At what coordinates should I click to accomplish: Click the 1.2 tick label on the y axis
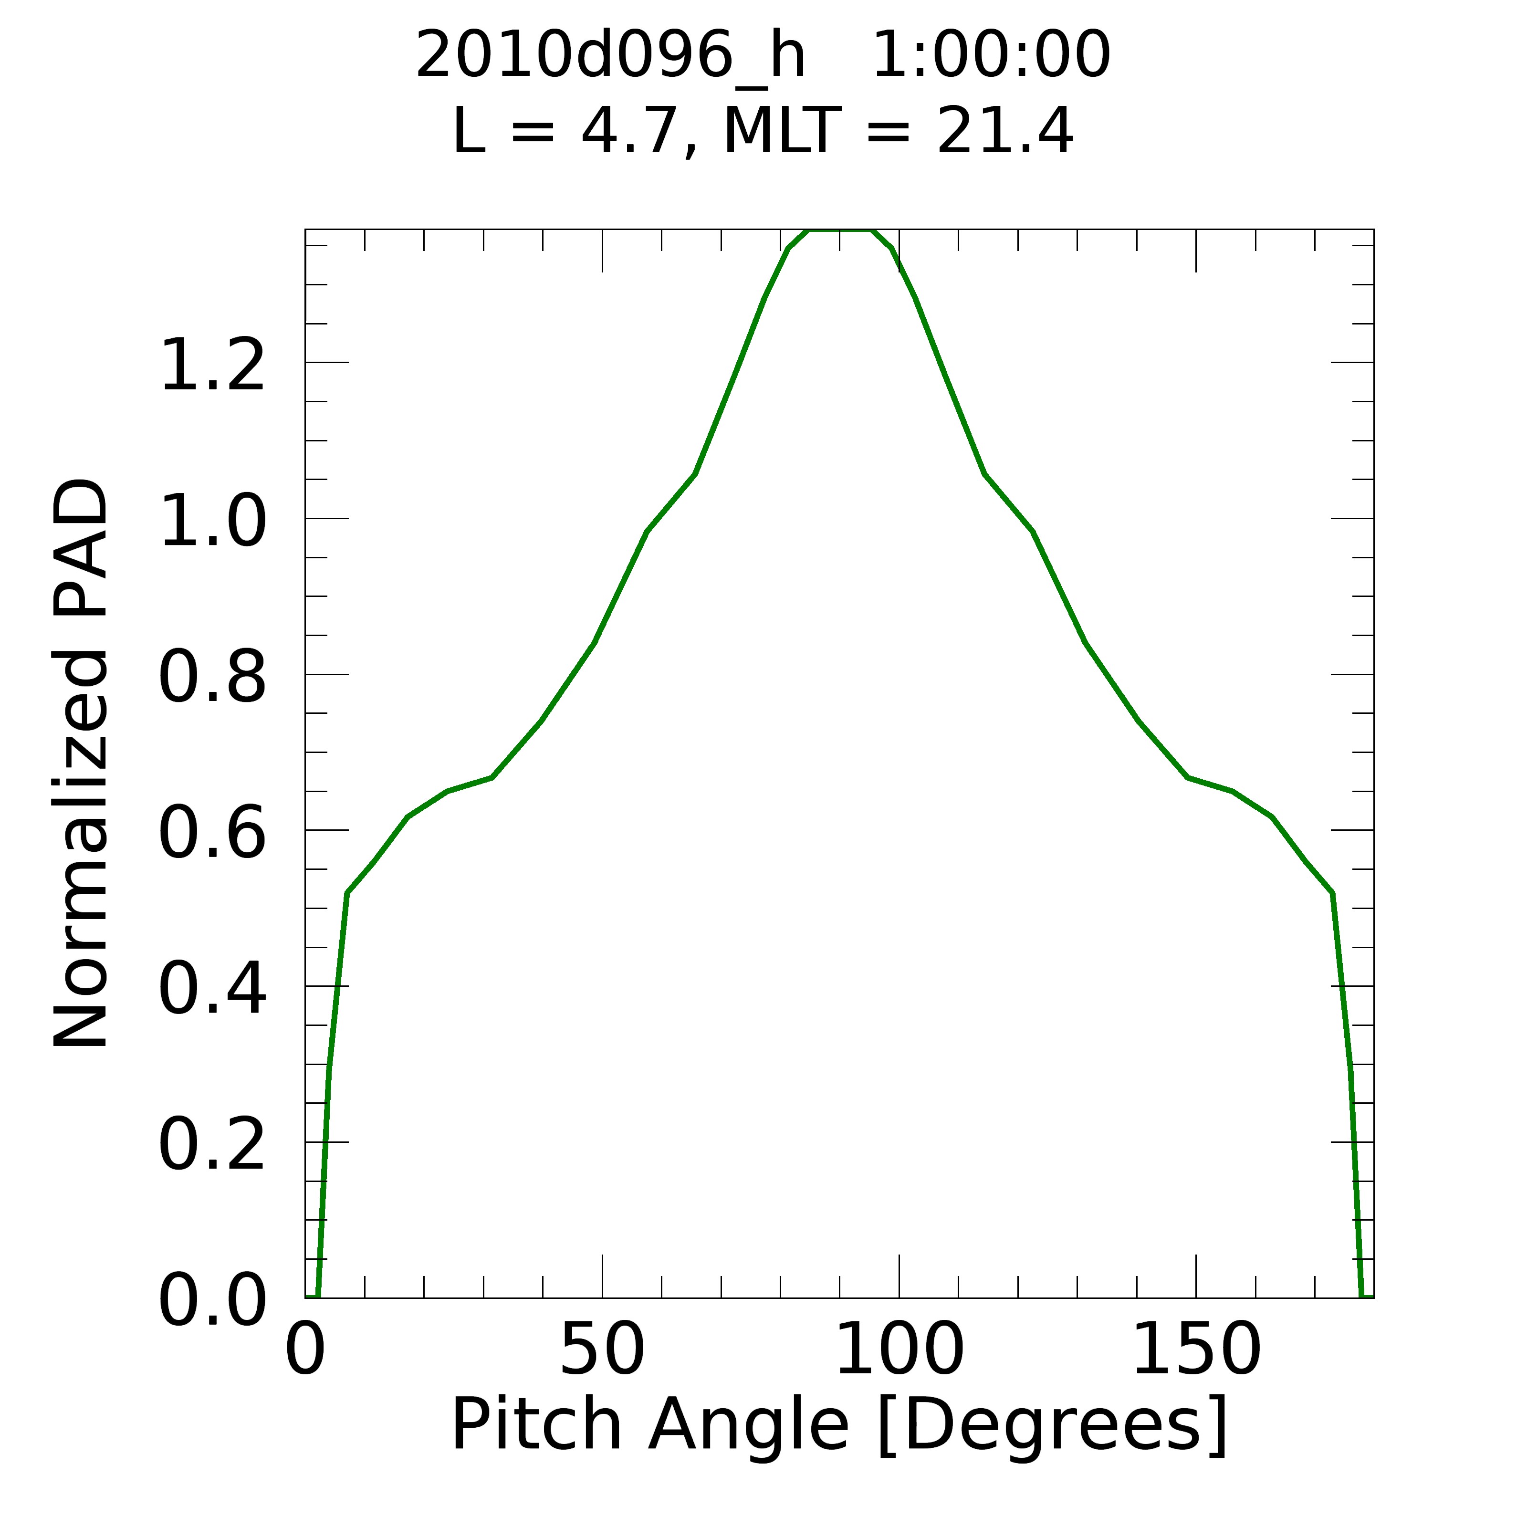212,365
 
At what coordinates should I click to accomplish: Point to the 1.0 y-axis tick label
212,522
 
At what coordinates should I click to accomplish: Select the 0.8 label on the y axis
212,677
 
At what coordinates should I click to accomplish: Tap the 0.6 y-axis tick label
212,833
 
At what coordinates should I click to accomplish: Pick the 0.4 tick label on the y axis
212,989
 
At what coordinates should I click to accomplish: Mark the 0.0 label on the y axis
212,1301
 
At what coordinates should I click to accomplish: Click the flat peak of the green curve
839,231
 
